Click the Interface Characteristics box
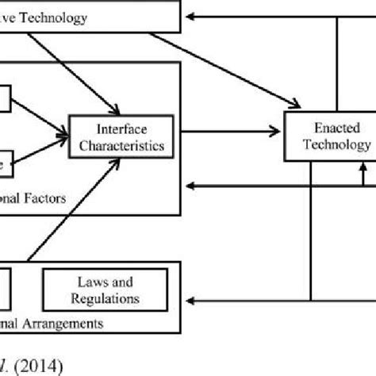point(120,136)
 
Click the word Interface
point(120,128)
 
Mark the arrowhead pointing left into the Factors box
point(190,186)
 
